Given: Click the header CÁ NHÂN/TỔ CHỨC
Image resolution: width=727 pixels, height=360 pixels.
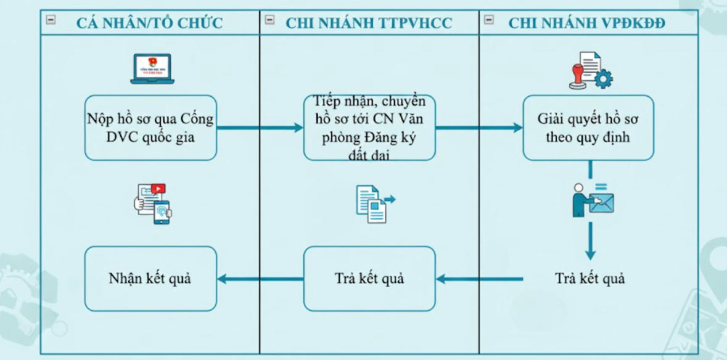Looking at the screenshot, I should (149, 23).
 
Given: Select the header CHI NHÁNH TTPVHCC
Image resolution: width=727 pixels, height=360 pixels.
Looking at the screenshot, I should (369, 23).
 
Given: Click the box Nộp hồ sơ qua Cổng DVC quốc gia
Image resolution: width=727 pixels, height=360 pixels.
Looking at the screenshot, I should (150, 128).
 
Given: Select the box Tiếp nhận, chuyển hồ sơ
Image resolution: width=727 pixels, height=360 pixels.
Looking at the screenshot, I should (369, 128).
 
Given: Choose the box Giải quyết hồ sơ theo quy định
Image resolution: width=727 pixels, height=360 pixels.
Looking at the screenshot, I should (588, 128).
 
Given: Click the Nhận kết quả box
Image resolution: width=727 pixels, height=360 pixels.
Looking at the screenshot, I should (150, 279).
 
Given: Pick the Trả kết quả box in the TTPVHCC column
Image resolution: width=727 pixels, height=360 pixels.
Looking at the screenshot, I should (369, 279).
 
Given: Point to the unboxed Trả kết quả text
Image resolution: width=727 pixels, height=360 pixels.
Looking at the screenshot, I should (589, 279).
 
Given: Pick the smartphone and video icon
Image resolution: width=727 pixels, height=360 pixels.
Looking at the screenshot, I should (152, 202).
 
